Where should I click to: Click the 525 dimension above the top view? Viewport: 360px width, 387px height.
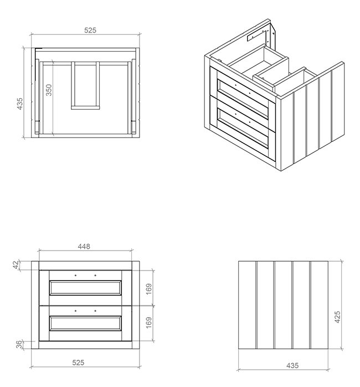90,30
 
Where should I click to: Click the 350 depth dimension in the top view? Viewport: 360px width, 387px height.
49,90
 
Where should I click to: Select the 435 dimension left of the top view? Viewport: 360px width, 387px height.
20,104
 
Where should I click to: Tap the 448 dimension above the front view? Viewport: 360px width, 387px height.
84,246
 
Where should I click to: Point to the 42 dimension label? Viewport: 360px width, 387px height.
16,265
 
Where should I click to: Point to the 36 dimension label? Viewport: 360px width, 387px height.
19,344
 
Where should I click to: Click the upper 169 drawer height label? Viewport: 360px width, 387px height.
149,289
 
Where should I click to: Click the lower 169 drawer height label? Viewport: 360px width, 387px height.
149,323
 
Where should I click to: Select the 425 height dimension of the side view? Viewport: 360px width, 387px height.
337,317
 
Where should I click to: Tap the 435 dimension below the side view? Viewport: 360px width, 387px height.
292,365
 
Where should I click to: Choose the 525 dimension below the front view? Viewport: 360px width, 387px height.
78,362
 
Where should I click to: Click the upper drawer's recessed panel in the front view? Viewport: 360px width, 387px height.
85,288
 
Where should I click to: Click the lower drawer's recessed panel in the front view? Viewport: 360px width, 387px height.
85,323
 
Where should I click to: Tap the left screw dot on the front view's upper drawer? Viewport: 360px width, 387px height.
76,275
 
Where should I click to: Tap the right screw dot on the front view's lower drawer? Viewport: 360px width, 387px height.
95,310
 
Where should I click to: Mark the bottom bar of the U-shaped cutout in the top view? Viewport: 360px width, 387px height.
85,108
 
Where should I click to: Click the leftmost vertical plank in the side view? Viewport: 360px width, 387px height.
247,305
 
